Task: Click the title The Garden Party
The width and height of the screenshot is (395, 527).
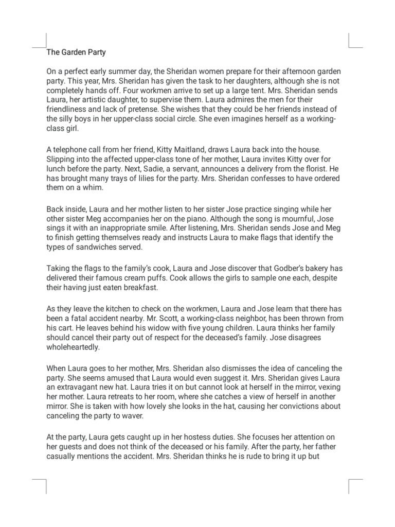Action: coord(76,52)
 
